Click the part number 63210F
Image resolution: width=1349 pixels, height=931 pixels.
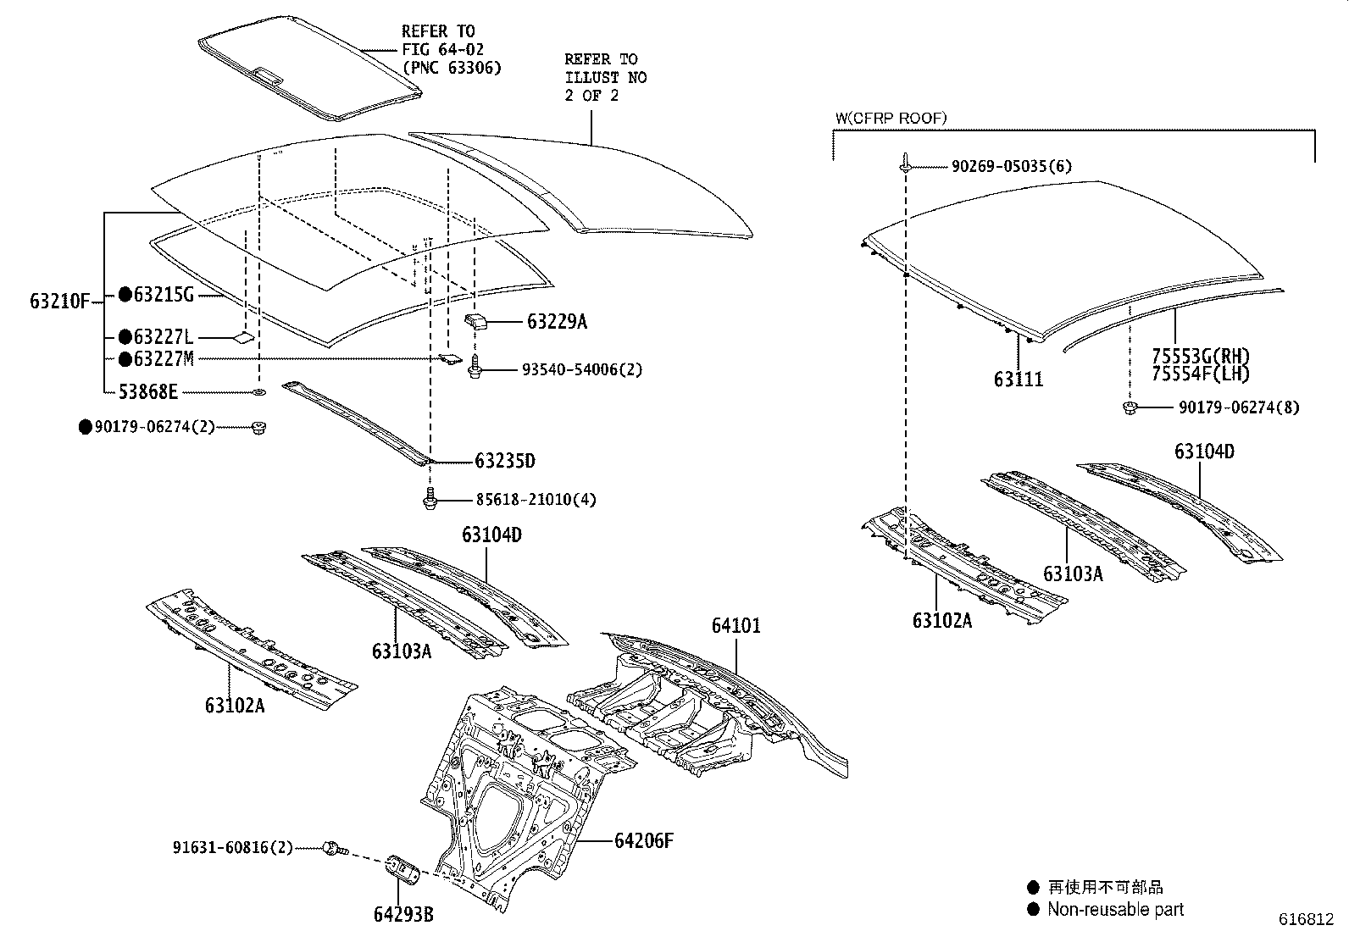[59, 301]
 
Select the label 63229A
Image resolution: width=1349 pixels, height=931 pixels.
[557, 321]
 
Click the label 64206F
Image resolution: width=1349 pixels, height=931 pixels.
[644, 841]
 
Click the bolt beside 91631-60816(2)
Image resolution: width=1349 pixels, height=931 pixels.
[333, 846]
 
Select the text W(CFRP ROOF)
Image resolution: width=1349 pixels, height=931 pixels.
[891, 119]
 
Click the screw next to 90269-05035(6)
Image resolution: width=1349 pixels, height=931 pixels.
[906, 163]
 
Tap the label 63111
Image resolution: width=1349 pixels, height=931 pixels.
[1019, 380]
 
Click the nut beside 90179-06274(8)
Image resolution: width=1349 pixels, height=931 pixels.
[1130, 408]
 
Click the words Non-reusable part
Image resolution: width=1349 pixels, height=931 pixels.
[1115, 910]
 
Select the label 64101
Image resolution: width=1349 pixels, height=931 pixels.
[736, 626]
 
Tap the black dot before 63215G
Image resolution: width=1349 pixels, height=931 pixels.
[125, 295]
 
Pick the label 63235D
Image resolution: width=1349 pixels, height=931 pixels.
[505, 461]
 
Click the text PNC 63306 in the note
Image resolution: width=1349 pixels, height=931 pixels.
[452, 68]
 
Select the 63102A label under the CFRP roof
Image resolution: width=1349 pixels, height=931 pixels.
[942, 620]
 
